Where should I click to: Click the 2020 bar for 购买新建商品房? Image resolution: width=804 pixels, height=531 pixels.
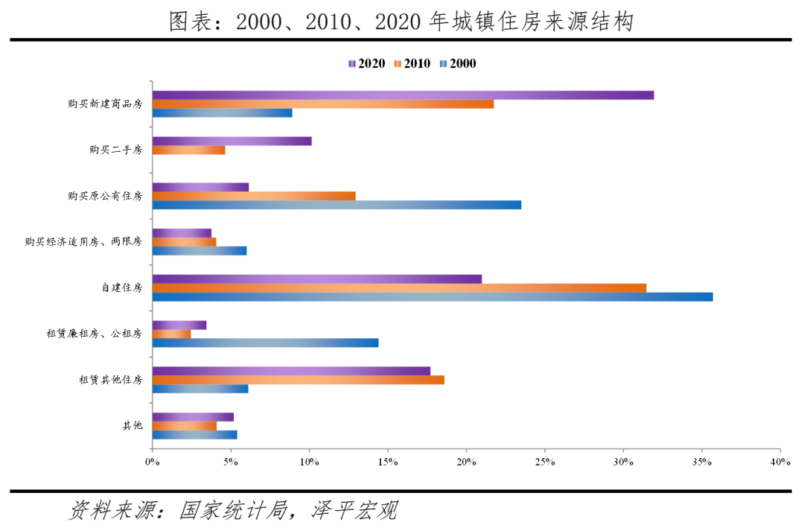click(x=403, y=95)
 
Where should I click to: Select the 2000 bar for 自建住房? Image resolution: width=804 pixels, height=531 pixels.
click(x=432, y=296)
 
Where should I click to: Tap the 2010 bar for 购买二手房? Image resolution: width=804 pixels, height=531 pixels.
click(x=188, y=150)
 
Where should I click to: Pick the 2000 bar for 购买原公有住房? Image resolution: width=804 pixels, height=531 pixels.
click(x=336, y=205)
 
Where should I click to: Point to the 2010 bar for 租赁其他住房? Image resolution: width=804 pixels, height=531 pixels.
click(x=298, y=380)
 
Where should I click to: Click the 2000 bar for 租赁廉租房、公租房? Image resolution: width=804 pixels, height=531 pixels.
click(x=265, y=343)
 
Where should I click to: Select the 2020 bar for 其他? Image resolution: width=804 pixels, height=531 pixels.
click(x=193, y=417)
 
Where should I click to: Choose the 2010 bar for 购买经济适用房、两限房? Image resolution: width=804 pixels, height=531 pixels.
click(x=184, y=242)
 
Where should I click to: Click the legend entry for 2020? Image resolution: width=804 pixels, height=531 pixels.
click(x=366, y=64)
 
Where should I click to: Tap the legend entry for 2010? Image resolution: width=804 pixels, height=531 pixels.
click(x=412, y=64)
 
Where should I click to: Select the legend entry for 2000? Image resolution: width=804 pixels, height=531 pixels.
click(x=457, y=64)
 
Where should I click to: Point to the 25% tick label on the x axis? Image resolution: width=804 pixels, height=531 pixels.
click(x=545, y=462)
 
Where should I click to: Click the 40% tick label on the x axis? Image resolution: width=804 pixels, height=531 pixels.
click(x=780, y=462)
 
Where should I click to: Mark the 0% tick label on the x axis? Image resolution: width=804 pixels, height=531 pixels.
click(x=152, y=462)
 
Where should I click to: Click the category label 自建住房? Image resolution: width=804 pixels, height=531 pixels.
click(x=121, y=287)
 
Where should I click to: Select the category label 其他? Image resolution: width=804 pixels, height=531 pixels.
click(x=133, y=426)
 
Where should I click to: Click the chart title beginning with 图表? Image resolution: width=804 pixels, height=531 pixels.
click(x=401, y=22)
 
